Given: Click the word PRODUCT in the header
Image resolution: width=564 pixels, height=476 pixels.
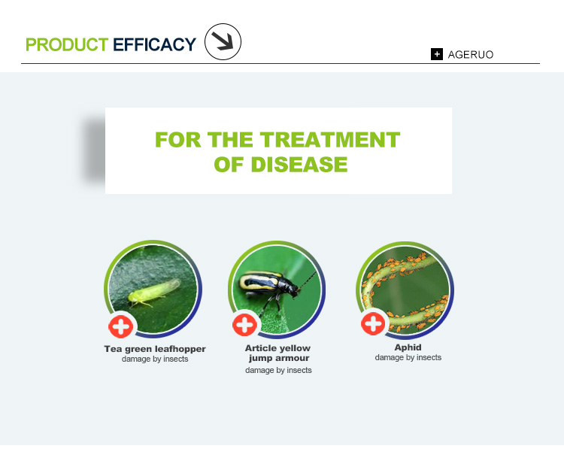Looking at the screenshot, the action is pos(67,44).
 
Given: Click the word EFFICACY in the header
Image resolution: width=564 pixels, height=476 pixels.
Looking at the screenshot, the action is pos(155,44).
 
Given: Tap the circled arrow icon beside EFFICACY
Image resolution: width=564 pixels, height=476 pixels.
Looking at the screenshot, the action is pos(223,42).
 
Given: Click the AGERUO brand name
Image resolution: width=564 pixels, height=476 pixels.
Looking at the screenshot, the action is pos(471,55).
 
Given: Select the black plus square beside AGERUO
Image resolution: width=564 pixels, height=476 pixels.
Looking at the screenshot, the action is pos(437,54).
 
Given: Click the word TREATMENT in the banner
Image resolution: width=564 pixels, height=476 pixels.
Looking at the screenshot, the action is pos(330,140).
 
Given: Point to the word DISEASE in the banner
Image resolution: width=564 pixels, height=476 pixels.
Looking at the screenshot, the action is pos(299,165).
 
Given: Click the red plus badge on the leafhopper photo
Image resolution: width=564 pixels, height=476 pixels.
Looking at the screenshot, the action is pos(121,326).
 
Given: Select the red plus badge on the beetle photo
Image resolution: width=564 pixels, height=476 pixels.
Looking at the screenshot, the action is pos(244,325).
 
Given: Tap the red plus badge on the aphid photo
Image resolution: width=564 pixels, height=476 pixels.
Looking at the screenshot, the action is pos(373,323).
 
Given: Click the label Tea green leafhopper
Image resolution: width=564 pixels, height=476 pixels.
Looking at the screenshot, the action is pos(155,349).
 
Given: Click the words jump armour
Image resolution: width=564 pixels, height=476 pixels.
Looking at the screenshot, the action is pos(279,359).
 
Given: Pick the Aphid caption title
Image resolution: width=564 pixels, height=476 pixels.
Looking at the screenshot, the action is pos(408,347).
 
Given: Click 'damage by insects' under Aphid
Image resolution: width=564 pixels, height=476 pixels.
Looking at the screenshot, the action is pos(408,358).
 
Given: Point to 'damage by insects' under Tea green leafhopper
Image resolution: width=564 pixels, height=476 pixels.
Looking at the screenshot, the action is pos(155,359).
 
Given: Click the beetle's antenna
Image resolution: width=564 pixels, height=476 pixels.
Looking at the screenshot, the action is pos(308,280).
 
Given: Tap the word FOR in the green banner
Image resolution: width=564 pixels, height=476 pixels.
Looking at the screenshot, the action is pos(177,140).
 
